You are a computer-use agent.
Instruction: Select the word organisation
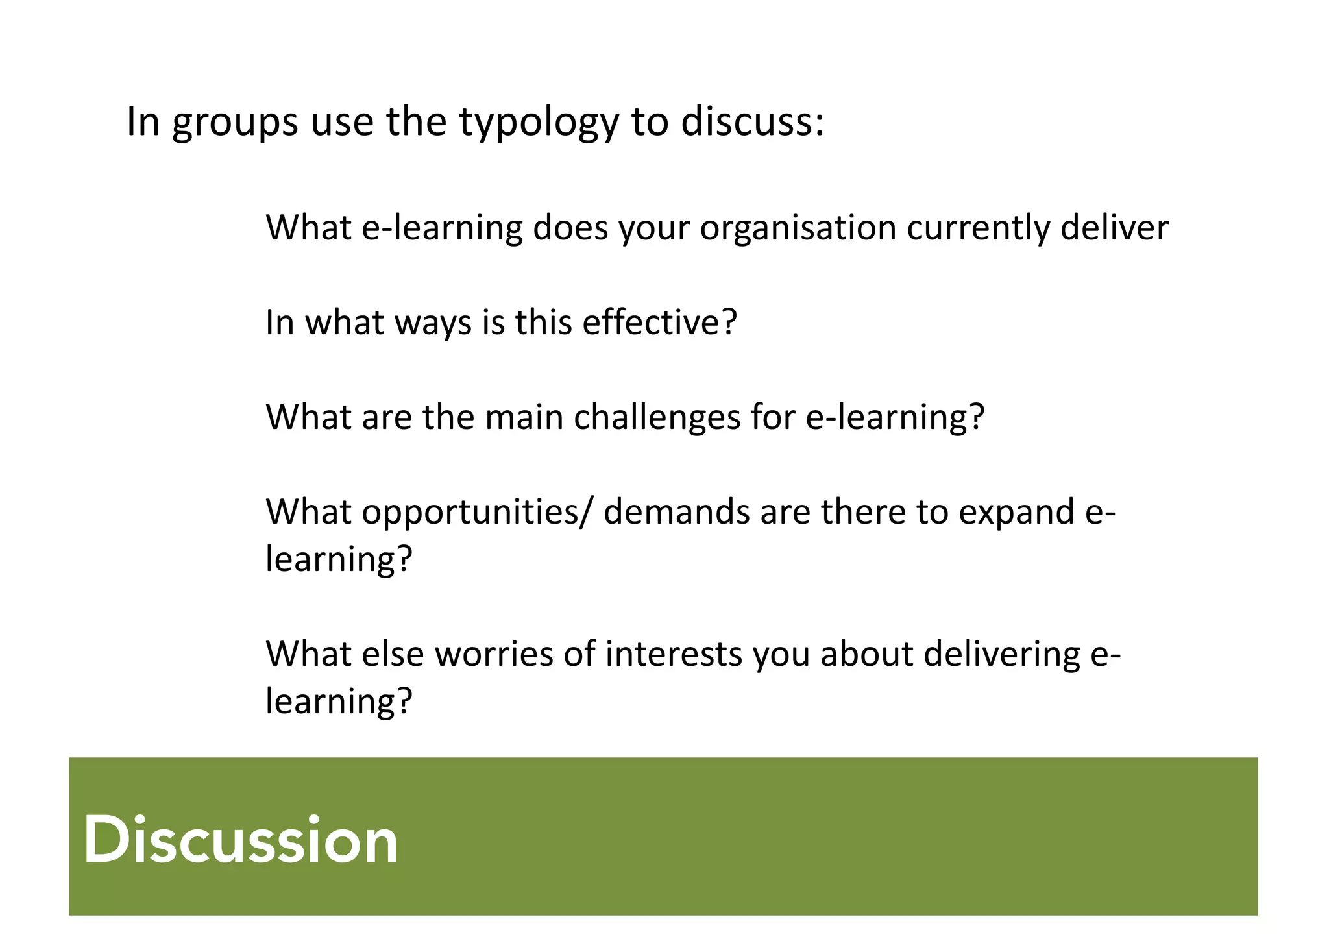(x=798, y=228)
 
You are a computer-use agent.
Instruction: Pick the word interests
(x=674, y=653)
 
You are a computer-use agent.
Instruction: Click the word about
(x=866, y=653)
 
